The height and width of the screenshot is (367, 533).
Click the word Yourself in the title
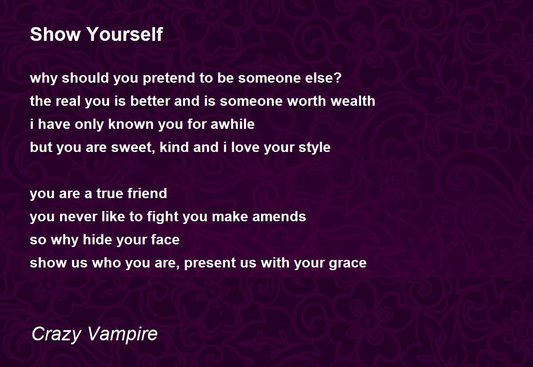125,34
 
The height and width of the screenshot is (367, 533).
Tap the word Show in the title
55,34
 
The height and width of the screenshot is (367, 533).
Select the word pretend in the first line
169,78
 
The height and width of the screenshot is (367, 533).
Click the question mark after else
338,77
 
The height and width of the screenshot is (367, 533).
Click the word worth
306,100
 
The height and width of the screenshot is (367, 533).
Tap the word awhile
232,124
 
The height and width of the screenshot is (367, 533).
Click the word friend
147,193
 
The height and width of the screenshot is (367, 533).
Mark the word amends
279,216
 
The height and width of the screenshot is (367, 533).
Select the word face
165,239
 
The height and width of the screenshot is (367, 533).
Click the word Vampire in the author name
123,333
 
